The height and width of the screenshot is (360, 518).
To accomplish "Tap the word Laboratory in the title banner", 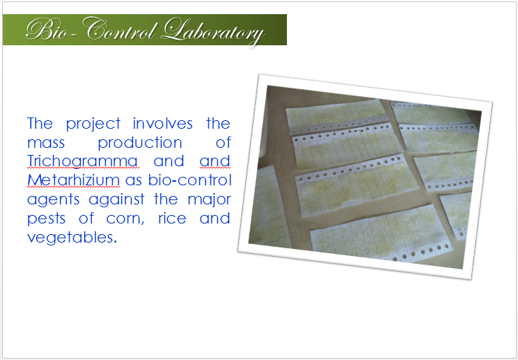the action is [213, 31].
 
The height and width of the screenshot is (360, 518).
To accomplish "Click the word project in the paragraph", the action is [93, 124].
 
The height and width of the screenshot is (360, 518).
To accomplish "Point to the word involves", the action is [163, 123].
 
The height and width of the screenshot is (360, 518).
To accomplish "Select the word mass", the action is [46, 144].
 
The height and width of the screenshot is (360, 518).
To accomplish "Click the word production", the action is [140, 143].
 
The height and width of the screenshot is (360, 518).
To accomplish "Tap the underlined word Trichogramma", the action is [82, 161].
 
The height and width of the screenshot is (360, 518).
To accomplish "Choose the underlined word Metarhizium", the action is [73, 180].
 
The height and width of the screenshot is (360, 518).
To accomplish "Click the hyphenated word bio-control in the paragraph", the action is [189, 180].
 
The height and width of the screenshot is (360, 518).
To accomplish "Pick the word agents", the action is [54, 200].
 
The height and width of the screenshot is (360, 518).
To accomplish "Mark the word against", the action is [117, 199].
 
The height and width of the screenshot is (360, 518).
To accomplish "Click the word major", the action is [209, 200].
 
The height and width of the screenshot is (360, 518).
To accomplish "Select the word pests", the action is [46, 219].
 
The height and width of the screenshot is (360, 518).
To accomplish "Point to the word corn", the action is [125, 219].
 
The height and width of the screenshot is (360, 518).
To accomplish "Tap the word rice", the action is [172, 218].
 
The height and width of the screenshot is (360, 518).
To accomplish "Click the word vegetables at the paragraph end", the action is [72, 238].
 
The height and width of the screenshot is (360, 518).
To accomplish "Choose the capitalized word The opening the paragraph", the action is [40, 123].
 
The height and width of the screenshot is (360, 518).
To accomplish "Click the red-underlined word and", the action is [215, 161].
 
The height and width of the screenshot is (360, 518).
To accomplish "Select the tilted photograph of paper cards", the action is [365, 177].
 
